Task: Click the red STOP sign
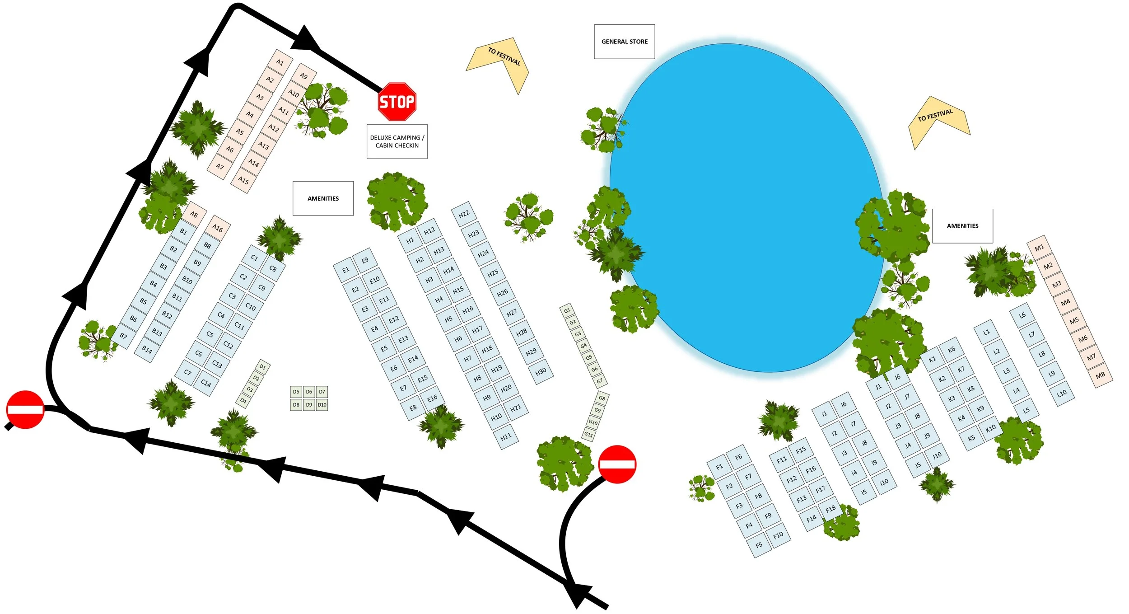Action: click(x=397, y=102)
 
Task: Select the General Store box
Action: click(x=624, y=42)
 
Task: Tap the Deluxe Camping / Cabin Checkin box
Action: click(x=397, y=141)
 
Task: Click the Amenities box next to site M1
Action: click(x=962, y=226)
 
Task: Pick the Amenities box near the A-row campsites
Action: click(x=323, y=198)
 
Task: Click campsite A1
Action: click(x=280, y=62)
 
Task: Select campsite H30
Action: click(x=541, y=371)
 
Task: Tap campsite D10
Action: click(x=322, y=405)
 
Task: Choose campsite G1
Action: click(x=567, y=310)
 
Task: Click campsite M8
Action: click(x=1100, y=375)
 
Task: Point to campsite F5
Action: click(x=759, y=545)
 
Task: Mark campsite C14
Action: click(x=206, y=383)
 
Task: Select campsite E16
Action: click(x=432, y=398)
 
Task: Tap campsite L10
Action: click(x=1061, y=393)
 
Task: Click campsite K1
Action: click(x=932, y=359)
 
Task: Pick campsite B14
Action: click(x=147, y=349)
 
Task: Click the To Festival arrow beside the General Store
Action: click(x=501, y=61)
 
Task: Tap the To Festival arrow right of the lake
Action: click(x=937, y=118)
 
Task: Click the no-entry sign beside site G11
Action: click(x=617, y=464)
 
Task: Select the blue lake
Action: click(x=745, y=208)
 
